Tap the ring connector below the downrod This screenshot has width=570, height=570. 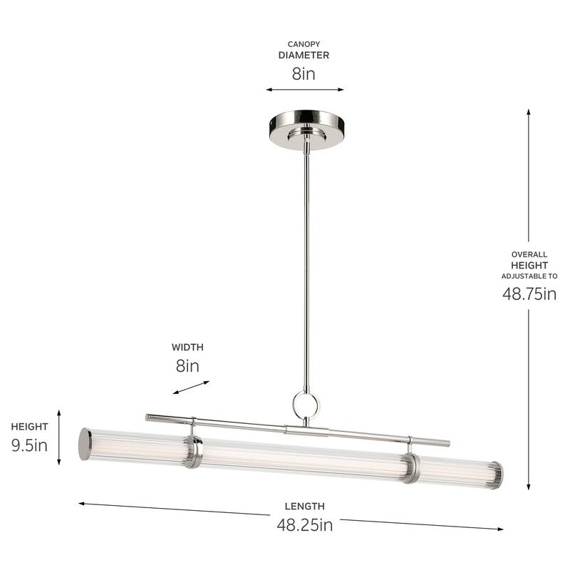coord(306,406)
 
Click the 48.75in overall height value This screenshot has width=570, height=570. coord(528,294)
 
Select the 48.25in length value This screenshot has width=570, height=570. coord(305,525)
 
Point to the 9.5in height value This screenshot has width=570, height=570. coord(29,446)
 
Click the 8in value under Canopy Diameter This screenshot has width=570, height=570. coord(304,73)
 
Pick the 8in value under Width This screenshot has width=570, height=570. coord(187,366)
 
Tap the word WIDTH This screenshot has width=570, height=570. coord(187,348)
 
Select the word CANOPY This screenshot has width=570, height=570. coord(304,43)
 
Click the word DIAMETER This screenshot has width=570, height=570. coord(304,55)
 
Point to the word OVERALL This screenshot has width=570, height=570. coord(529,254)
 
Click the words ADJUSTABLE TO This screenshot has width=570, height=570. coord(529,276)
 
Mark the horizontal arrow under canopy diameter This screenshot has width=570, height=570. coord(304,90)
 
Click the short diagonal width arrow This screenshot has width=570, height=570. coord(191,387)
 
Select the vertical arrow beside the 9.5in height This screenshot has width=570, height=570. coord(59,437)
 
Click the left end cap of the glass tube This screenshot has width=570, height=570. coord(85,444)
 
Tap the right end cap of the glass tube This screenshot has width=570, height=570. coord(497,475)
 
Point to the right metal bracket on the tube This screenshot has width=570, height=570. coord(410,467)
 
